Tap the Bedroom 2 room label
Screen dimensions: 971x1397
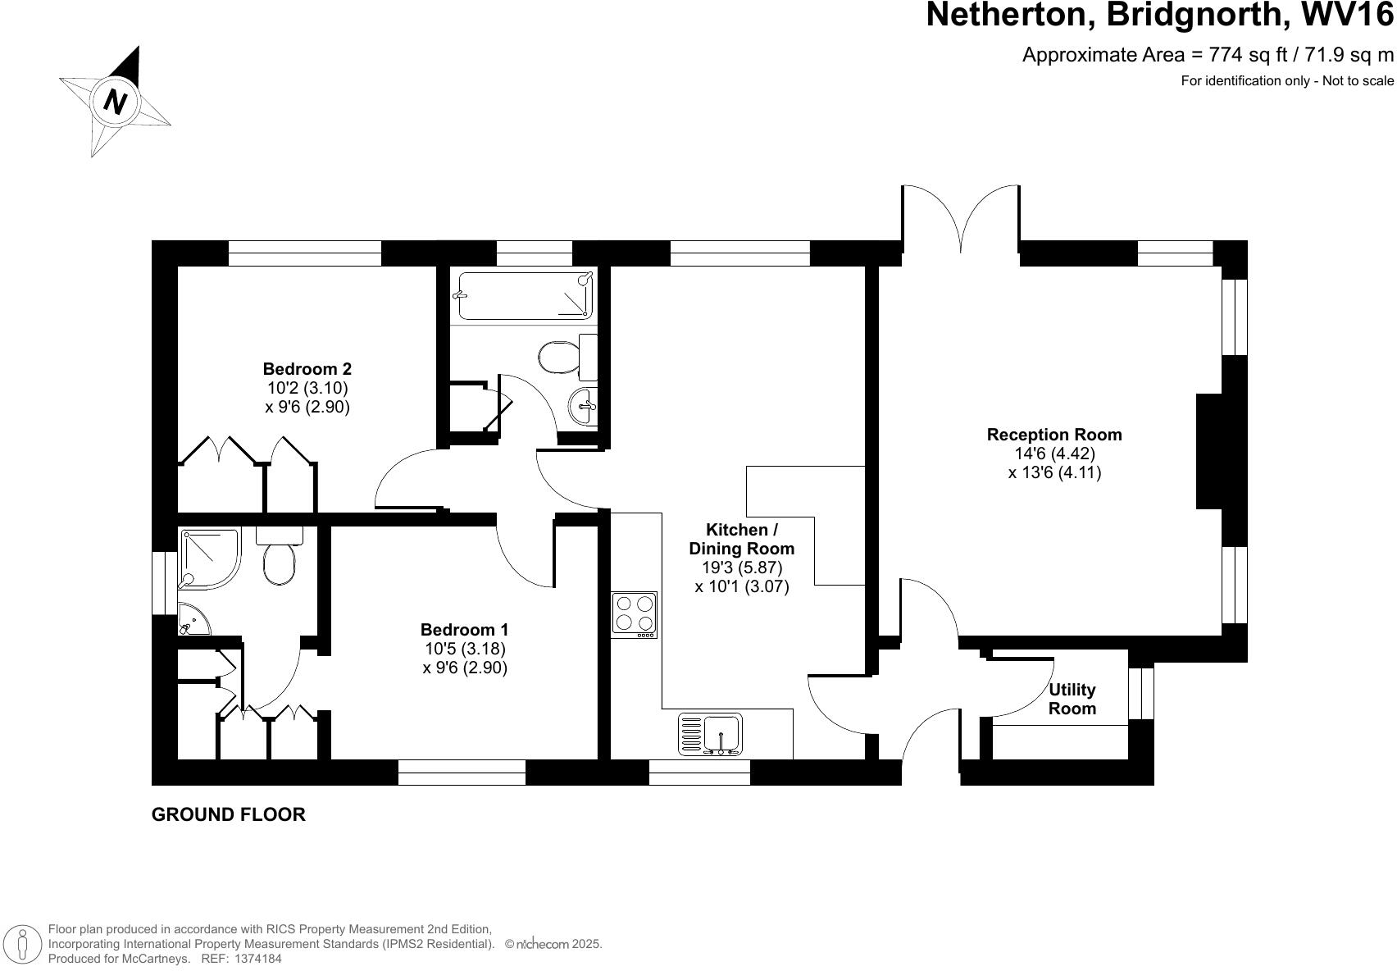point(307,369)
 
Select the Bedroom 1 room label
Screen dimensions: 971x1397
point(464,630)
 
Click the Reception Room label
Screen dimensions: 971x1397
point(1053,435)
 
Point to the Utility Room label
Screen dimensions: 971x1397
point(1072,699)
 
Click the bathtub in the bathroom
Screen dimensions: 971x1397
point(525,295)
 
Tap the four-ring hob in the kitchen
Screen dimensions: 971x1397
point(634,614)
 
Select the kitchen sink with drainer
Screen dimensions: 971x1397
point(710,733)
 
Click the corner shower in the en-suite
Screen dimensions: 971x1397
point(209,558)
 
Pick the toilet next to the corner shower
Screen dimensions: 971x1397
point(280,558)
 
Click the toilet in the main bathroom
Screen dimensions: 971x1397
point(566,358)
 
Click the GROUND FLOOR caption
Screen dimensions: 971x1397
point(228,814)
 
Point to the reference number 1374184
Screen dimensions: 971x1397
point(257,958)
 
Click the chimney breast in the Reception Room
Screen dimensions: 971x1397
point(1210,451)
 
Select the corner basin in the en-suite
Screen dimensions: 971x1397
point(192,620)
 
